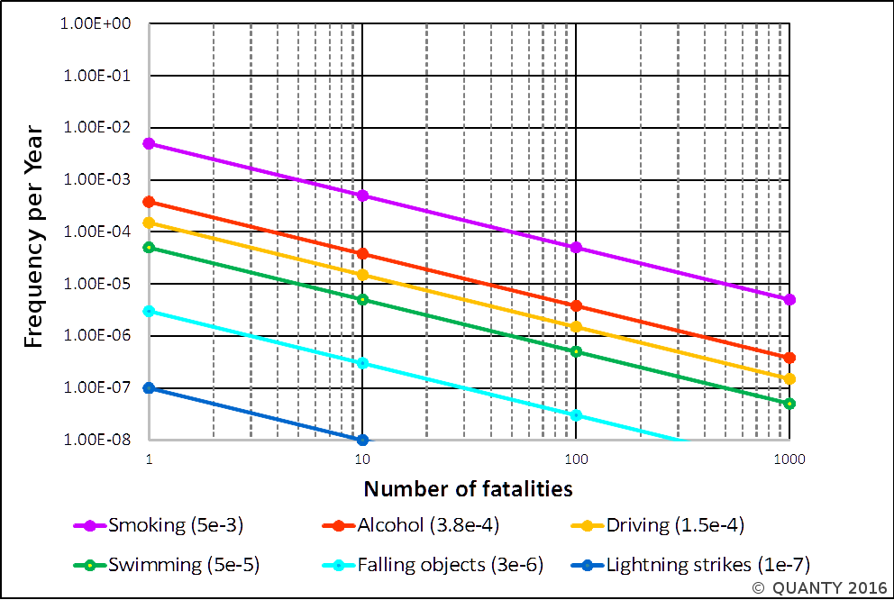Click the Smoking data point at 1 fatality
pos(150,143)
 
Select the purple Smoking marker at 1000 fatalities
pos(789,299)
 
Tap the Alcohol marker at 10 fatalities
pos(363,253)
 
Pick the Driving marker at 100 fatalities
pos(576,326)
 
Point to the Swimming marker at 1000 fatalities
pos(789,403)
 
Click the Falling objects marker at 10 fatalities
pos(363,363)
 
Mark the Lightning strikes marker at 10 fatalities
pos(363,440)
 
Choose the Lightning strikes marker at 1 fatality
pos(150,387)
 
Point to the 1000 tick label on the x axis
pos(789,459)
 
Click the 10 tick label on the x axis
pos(361,459)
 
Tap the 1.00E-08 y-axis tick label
pos(96,440)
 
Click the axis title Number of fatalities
pos(469,489)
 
